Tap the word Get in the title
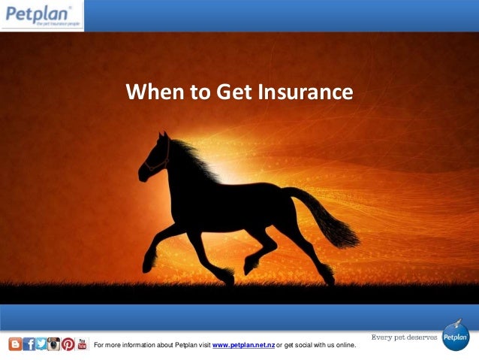click(234, 93)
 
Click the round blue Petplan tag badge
click(455, 337)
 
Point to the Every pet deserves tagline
click(404, 337)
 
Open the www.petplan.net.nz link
click(244, 345)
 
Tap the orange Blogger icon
click(14, 344)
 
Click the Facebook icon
click(28, 344)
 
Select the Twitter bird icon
click(41, 344)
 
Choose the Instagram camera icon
click(54, 344)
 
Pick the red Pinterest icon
click(68, 344)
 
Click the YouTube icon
click(82, 344)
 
